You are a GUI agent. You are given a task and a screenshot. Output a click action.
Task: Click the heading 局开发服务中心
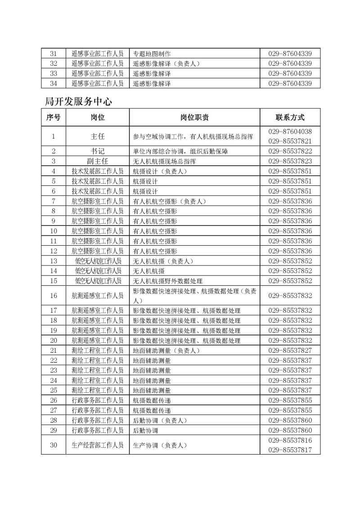tap(78, 102)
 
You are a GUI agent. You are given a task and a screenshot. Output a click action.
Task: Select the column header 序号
tap(53, 117)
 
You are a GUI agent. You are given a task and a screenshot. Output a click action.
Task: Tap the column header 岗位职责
tap(194, 117)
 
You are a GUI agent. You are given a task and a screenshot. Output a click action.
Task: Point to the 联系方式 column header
tap(290, 117)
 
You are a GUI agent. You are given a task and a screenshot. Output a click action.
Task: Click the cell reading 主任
tap(98, 136)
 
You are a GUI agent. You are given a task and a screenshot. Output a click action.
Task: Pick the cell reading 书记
tap(98, 151)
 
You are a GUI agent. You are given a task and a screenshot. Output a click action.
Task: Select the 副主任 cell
tap(98, 161)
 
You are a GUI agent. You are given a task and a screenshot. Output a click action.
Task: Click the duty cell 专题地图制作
tap(152, 54)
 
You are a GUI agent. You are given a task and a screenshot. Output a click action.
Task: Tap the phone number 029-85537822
tap(290, 151)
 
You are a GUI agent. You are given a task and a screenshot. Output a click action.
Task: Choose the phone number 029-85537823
tap(290, 161)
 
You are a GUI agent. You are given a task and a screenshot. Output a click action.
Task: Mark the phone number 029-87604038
tap(290, 131)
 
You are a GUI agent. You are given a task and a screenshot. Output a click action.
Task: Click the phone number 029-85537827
tap(290, 350)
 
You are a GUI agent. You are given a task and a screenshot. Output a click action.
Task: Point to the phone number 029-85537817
tap(290, 450)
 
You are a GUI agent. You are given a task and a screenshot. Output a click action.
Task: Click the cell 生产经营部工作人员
tap(98, 445)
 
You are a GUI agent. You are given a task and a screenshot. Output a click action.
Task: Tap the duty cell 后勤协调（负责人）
tap(159, 420)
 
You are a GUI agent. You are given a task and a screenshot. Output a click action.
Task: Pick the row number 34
tap(53, 83)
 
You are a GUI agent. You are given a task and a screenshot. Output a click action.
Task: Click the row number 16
tap(53, 296)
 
